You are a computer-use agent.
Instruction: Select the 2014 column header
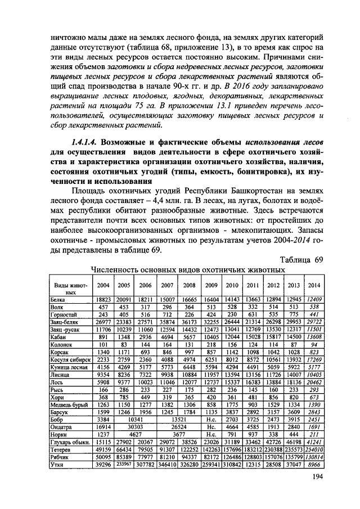point(314,285)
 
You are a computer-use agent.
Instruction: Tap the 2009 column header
point(211,285)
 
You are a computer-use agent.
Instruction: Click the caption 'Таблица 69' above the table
point(301,260)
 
